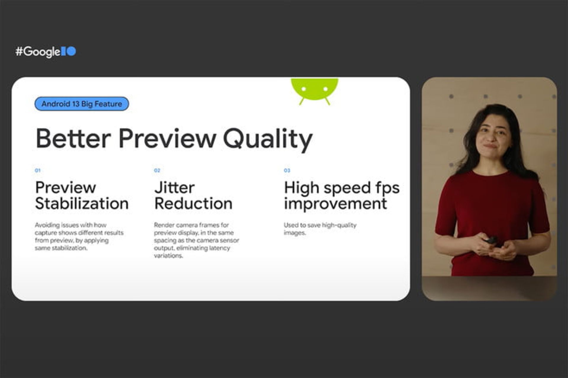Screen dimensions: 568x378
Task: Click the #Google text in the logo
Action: pyautogui.click(x=38, y=52)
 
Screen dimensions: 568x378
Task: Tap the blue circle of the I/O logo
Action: pyautogui.click(x=71, y=51)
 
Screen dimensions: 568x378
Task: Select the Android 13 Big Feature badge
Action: pyautogui.click(x=82, y=104)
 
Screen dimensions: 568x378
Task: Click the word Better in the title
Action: pyautogui.click(x=73, y=138)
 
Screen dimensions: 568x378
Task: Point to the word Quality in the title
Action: pyautogui.click(x=268, y=139)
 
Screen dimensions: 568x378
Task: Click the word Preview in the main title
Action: pyautogui.click(x=167, y=138)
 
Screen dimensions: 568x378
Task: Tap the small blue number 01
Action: pyautogui.click(x=38, y=170)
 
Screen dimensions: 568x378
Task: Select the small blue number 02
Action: pyautogui.click(x=157, y=170)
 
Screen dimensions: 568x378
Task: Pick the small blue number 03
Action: pyautogui.click(x=287, y=170)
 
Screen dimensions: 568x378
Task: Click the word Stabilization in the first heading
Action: pyautogui.click(x=82, y=203)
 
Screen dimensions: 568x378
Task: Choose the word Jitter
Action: pyautogui.click(x=175, y=188)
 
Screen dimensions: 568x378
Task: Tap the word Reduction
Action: pyautogui.click(x=193, y=203)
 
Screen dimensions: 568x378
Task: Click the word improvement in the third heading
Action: pyautogui.click(x=335, y=203)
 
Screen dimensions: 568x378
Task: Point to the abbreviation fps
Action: pyautogui.click(x=387, y=188)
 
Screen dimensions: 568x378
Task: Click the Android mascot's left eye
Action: pyautogui.click(x=303, y=89)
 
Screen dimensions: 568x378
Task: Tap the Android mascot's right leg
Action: pyautogui.click(x=327, y=101)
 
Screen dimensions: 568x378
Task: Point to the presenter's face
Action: pyautogui.click(x=492, y=136)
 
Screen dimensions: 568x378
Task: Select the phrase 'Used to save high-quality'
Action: pyautogui.click(x=320, y=225)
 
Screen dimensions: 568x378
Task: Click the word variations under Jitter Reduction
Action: pyautogui.click(x=168, y=256)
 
